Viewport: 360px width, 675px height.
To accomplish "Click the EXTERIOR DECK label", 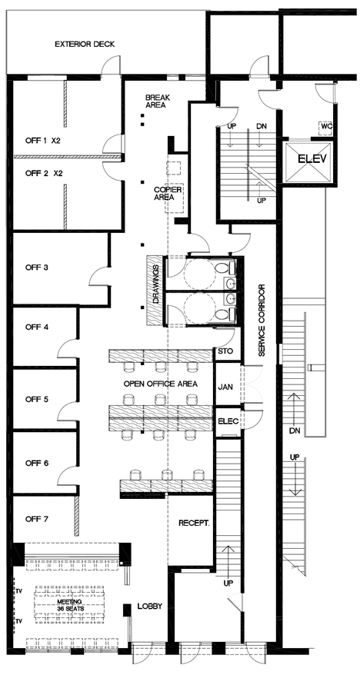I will (85, 45).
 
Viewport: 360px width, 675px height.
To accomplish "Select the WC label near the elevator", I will (326, 126).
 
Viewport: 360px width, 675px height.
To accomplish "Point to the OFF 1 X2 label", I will (44, 141).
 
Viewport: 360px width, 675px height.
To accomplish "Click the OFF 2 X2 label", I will (44, 173).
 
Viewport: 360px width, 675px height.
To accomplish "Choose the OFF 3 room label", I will (38, 268).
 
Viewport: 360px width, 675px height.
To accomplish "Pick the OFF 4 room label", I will (38, 327).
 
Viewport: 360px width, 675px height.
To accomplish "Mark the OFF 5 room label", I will (38, 399).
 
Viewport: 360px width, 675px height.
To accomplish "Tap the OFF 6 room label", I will (38, 463).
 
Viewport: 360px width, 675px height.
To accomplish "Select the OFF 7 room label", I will (38, 520).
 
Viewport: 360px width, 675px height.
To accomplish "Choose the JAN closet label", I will (226, 387).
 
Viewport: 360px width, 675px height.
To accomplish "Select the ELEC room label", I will (228, 421).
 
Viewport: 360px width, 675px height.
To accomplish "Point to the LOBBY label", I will (150, 607).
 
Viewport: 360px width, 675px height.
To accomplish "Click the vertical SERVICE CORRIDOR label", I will (262, 321).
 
